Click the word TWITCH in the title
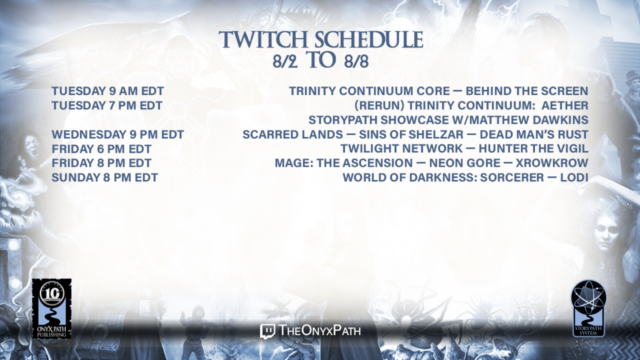(263, 40)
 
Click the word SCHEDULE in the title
(369, 40)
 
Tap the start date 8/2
(285, 61)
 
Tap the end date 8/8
(356, 61)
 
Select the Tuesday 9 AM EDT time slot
(107, 91)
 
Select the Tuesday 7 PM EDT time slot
(107, 106)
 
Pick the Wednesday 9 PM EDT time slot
(117, 135)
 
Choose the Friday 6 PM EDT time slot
(101, 149)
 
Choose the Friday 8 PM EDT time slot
(101, 163)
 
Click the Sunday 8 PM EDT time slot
(104, 177)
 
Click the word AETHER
(565, 106)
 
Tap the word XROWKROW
(552, 163)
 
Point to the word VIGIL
(574, 149)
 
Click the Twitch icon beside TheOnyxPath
(267, 331)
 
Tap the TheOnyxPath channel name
(319, 331)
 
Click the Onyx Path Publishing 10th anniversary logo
(52, 309)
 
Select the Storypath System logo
(588, 308)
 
